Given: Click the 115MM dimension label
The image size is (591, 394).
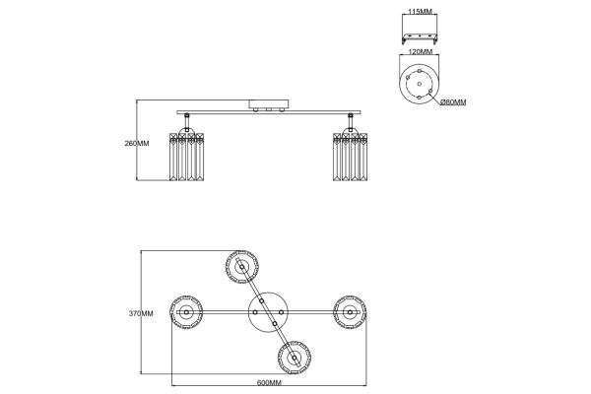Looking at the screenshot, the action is click(420, 11).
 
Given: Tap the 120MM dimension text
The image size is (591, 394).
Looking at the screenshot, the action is click(421, 51).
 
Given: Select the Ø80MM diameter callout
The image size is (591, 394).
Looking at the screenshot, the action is click(453, 102).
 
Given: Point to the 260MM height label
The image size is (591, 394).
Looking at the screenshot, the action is click(137, 143).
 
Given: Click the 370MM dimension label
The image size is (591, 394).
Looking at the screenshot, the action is click(141, 313).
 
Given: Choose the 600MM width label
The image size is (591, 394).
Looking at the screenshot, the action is click(269, 383).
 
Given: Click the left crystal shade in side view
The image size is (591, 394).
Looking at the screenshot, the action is click(186, 156).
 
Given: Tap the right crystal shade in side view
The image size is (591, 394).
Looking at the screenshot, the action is click(350, 156).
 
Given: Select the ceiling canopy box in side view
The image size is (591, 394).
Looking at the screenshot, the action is click(269, 104).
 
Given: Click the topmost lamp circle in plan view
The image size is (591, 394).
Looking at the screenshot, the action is click(241, 267).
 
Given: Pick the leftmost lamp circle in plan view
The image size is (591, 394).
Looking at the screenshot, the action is click(186, 312).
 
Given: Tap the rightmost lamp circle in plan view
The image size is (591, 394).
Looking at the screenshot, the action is click(350, 312).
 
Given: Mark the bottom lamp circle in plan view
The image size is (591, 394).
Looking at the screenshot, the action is click(294, 358).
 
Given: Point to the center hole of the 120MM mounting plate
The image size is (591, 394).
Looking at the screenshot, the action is click(420, 84).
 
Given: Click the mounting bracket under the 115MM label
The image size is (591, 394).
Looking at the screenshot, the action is click(420, 37).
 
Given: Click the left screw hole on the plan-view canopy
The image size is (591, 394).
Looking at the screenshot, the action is click(255, 312).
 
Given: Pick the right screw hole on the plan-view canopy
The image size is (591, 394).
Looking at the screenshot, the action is click(281, 312).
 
